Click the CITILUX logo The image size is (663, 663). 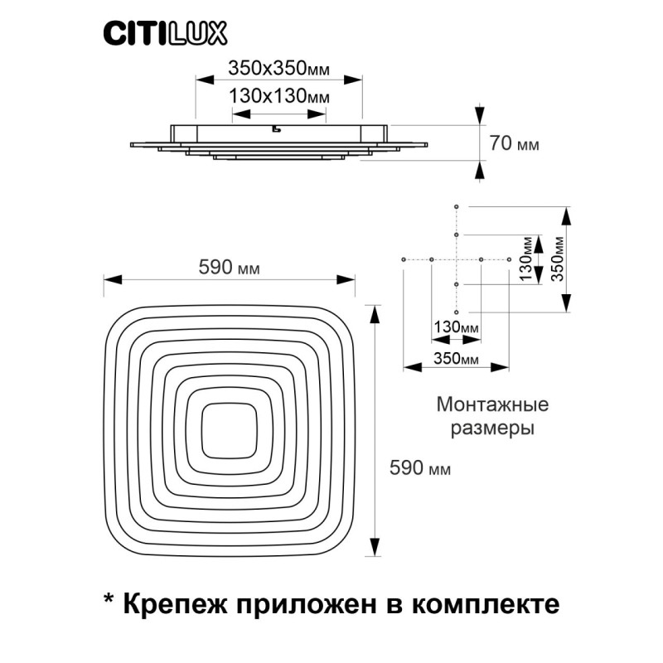pyautogui.click(x=165, y=34)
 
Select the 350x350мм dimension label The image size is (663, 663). pyautogui.click(x=278, y=68)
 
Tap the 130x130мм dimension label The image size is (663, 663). pyautogui.click(x=279, y=96)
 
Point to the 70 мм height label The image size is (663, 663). pyautogui.click(x=514, y=143)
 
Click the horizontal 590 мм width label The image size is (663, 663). pyautogui.click(x=230, y=267)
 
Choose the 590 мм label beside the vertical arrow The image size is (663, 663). pyautogui.click(x=420, y=467)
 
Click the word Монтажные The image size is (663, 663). pyautogui.click(x=492, y=404)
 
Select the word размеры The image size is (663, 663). pyautogui.click(x=492, y=428)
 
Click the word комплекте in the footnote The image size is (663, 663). pyautogui.click(x=486, y=604)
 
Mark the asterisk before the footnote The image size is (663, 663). pyautogui.click(x=109, y=598)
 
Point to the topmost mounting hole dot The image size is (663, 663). pyautogui.click(x=457, y=206)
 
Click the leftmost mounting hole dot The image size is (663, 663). pyautogui.click(x=404, y=259)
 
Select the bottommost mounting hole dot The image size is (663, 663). pyautogui.click(x=457, y=312)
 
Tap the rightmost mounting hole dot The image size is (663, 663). pyautogui.click(x=509, y=259)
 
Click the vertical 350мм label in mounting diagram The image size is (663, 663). pyautogui.click(x=558, y=259)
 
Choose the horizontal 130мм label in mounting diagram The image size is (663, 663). pyautogui.click(x=457, y=327)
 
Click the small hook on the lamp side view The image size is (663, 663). pyautogui.click(x=276, y=128)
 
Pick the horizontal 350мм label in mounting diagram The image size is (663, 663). pyautogui.click(x=457, y=359)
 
